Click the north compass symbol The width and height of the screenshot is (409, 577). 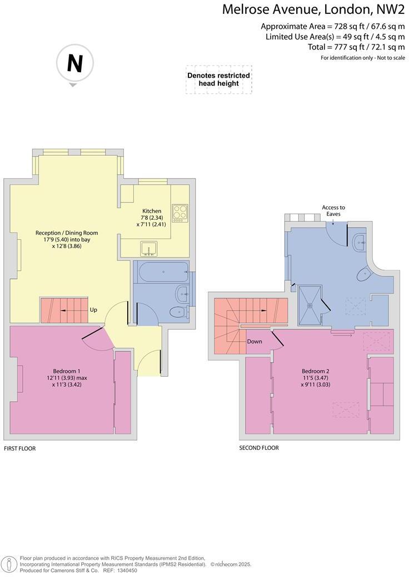(x=74, y=64)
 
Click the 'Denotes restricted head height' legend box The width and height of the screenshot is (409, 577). (x=218, y=79)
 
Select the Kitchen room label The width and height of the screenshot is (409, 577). (x=152, y=211)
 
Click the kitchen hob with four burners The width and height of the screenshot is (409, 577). (x=179, y=212)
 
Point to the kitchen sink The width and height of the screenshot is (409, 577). (x=148, y=248)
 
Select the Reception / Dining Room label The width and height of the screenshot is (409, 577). (x=67, y=232)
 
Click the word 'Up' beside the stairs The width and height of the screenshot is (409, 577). (x=93, y=310)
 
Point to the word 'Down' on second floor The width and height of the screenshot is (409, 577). (x=255, y=341)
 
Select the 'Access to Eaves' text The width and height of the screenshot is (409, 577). (x=333, y=210)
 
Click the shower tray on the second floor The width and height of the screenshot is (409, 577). (x=311, y=303)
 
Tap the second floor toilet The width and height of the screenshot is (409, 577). (x=365, y=272)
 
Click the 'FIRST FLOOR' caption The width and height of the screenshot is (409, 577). (x=19, y=448)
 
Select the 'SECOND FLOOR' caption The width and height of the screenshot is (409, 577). (x=258, y=448)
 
